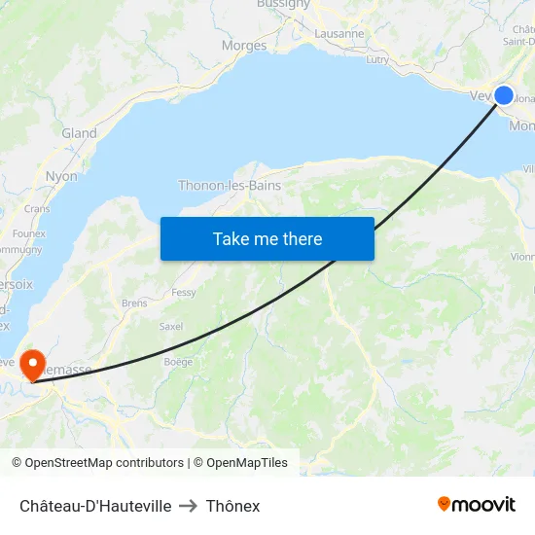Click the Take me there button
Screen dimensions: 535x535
click(x=267, y=238)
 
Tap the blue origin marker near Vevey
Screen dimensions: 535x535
click(x=504, y=94)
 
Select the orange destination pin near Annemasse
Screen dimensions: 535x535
click(x=33, y=365)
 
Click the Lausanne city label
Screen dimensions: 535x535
click(x=339, y=33)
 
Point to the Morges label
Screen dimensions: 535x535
click(x=244, y=46)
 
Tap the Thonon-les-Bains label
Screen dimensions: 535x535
click(x=230, y=185)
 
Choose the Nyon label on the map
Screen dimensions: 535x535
click(x=61, y=176)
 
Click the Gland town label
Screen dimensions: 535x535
click(x=79, y=133)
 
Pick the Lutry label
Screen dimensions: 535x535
click(x=376, y=59)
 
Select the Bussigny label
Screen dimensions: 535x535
click(x=283, y=4)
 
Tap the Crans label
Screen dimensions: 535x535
click(x=37, y=208)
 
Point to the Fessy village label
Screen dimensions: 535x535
click(x=184, y=292)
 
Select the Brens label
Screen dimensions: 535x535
click(x=134, y=303)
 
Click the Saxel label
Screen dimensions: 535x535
click(x=171, y=326)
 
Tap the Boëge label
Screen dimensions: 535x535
click(x=178, y=362)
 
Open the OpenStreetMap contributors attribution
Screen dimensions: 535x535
click(x=104, y=463)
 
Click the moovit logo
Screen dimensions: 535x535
click(x=477, y=504)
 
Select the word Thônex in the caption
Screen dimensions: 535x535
click(x=232, y=506)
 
